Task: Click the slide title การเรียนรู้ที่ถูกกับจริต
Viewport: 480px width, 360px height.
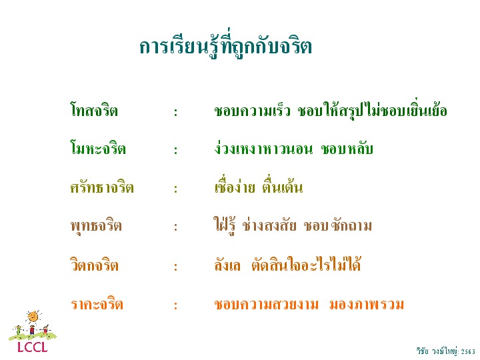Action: [225, 46]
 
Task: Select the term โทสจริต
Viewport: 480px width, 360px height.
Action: [94, 110]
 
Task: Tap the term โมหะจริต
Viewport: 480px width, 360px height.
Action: [98, 148]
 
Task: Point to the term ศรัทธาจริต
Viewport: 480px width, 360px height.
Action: [102, 187]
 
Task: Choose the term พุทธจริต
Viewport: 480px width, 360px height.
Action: [96, 226]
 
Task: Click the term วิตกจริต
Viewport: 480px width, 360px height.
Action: [94, 264]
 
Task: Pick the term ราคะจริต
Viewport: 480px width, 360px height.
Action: [97, 304]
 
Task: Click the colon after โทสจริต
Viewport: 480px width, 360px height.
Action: [176, 113]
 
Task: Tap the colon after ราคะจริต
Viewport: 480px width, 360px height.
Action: [176, 305]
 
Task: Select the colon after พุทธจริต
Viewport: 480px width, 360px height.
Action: [176, 227]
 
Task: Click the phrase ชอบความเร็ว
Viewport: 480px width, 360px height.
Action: [252, 111]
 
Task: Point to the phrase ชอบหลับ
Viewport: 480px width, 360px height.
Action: [347, 149]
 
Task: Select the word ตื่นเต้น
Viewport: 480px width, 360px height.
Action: [282, 187]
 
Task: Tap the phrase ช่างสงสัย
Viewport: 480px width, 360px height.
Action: [269, 225]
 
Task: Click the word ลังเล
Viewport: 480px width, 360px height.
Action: [227, 265]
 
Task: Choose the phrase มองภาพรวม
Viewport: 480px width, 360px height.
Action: [367, 304]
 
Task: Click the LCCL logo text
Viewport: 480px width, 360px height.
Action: [32, 347]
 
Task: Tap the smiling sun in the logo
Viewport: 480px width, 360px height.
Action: [34, 317]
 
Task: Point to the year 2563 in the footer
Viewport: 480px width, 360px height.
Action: [468, 351]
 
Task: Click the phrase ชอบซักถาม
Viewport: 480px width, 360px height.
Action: [338, 225]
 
